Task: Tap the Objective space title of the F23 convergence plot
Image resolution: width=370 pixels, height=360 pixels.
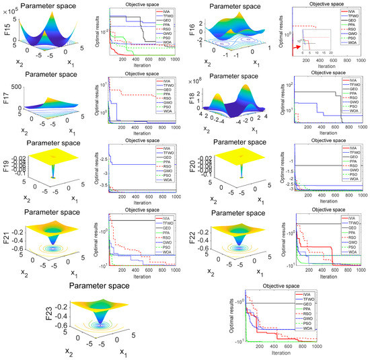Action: [x=276, y=287]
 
